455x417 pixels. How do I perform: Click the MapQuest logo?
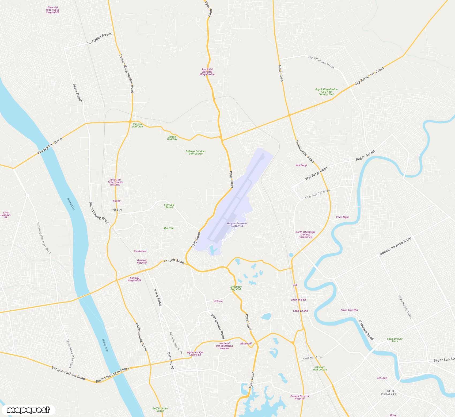point(28,410)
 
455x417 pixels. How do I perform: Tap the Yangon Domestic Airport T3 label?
point(237,225)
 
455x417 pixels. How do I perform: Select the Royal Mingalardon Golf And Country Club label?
point(326,92)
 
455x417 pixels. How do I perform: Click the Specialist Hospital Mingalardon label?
point(207,72)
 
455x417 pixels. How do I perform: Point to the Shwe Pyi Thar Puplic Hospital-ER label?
point(52,10)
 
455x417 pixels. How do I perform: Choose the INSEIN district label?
point(117,210)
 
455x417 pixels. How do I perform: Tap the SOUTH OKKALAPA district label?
point(389,392)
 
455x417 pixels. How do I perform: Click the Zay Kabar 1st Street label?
point(369,76)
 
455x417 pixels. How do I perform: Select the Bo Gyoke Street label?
point(99,39)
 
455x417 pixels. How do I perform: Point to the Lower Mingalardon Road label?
point(126,74)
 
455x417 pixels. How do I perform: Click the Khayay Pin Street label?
point(50,146)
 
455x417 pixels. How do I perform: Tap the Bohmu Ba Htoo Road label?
point(395,246)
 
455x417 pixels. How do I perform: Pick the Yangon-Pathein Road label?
point(69,373)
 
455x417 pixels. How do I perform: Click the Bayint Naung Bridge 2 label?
point(113,374)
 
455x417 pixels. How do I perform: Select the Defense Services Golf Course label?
point(196,152)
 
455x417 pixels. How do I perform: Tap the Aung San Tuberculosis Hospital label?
point(115,182)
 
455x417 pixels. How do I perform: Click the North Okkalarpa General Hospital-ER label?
point(305,234)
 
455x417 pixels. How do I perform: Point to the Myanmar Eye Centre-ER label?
point(195,353)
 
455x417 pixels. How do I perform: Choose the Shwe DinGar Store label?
point(395,340)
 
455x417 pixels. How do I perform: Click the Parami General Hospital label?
point(299,397)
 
